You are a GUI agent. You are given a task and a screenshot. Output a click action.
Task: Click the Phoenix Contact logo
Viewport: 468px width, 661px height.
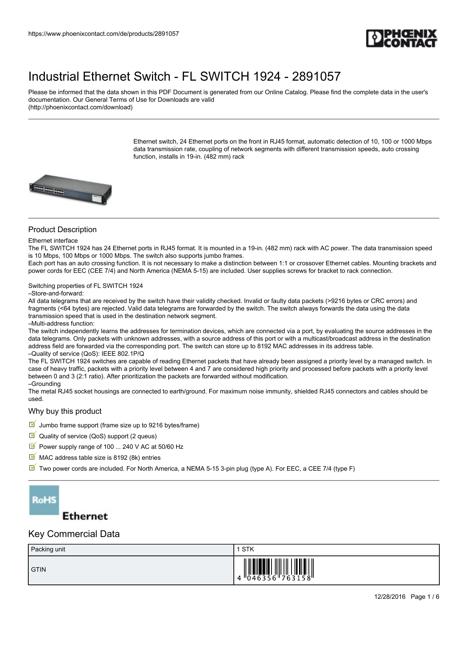tap(401, 38)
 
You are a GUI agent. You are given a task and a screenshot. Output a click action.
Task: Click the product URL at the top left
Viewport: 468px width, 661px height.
tap(103, 34)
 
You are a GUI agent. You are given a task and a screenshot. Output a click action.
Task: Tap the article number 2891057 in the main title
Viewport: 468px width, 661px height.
tap(316, 77)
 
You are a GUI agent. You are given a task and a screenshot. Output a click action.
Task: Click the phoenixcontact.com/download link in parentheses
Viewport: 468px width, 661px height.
tap(80, 107)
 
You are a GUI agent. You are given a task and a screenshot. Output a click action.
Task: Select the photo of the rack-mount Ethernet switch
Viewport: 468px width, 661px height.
tap(71, 190)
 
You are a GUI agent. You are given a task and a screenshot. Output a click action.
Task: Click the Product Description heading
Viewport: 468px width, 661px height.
tap(62, 230)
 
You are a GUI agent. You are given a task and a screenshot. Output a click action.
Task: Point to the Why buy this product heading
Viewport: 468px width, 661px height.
tap(65, 411)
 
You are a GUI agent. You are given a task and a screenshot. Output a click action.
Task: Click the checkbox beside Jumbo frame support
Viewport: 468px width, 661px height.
tap(32, 424)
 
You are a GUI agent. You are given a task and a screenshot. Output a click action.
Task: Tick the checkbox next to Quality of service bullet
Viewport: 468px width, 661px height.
tap(32, 435)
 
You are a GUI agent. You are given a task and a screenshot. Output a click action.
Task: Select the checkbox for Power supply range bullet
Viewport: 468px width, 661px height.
tap(32, 446)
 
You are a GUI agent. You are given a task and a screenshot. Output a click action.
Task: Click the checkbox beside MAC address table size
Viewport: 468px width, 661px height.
tap(32, 457)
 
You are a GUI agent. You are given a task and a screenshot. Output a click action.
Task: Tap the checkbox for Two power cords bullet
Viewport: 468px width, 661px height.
tap(32, 468)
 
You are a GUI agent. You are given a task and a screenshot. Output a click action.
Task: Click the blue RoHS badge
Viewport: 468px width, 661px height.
tap(44, 500)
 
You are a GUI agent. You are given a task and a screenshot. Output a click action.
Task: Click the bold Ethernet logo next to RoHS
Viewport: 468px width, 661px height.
tap(85, 516)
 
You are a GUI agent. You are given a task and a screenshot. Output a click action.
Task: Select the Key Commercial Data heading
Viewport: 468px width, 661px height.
tap(74, 534)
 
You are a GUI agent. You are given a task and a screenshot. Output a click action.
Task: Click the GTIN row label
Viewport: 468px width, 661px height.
tap(38, 570)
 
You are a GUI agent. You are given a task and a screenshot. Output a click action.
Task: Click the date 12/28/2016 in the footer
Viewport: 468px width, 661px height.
tap(390, 597)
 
